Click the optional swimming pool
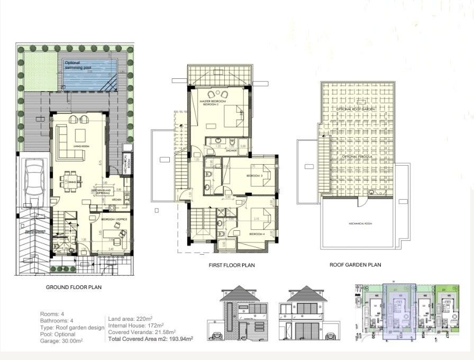point(89,74)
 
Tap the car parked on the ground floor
point(34,179)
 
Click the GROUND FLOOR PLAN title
point(73,287)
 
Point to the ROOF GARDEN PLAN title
point(355,265)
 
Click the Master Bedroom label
point(213,102)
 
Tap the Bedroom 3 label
point(255,175)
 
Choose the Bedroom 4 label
point(257,233)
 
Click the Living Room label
point(81,147)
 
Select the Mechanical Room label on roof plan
point(360,223)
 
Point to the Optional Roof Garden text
point(355,109)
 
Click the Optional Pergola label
point(355,157)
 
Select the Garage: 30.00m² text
point(61,341)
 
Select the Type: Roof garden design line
point(72,328)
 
